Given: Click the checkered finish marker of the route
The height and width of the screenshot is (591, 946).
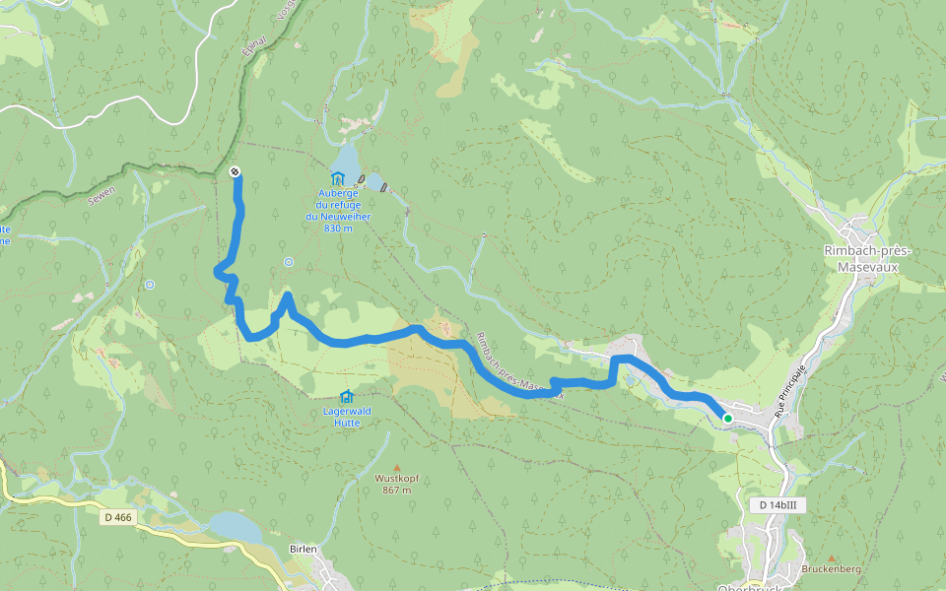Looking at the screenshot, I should [235, 172].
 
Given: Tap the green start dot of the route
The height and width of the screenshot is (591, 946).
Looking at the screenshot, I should [728, 419].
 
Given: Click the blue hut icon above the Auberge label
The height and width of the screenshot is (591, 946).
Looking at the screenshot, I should [338, 178].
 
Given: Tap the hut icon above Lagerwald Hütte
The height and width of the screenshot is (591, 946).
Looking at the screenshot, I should [346, 395].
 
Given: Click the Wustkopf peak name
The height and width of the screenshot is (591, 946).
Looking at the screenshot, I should [397, 479].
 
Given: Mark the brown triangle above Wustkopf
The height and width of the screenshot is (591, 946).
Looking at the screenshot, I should [397, 467].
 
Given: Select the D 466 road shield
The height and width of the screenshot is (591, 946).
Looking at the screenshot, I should [117, 516].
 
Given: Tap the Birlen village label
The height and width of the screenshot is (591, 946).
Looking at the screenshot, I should [303, 549].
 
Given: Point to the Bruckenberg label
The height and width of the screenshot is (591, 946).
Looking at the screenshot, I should [831, 569].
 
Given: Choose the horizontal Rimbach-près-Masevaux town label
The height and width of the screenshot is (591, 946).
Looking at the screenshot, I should [867, 258].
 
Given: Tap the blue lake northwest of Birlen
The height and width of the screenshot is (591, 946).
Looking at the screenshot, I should [234, 527].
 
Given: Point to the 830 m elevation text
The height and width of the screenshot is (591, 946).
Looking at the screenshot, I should [337, 228].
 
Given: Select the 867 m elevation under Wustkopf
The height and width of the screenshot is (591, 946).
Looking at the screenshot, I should [397, 490].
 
